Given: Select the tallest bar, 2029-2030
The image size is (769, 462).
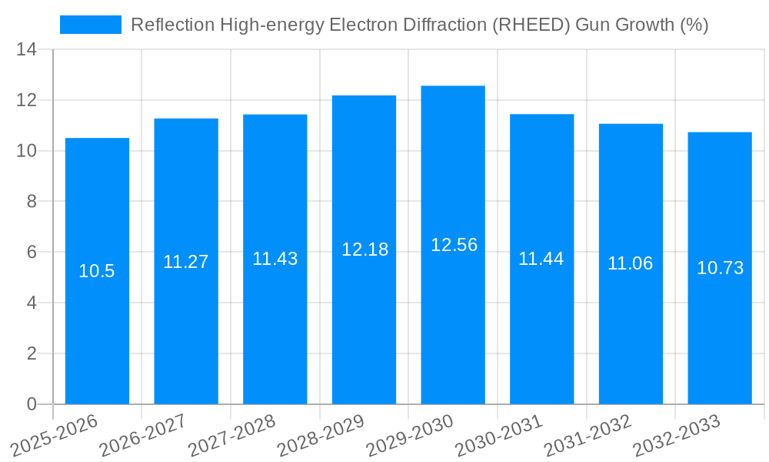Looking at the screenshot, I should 453,323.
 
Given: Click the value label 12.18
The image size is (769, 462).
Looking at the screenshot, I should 365,249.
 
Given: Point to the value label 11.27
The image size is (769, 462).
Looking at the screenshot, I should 185,262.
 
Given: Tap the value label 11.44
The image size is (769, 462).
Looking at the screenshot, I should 541,259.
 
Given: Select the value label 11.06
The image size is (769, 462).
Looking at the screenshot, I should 630,263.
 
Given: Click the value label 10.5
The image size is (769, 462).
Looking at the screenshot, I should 97,271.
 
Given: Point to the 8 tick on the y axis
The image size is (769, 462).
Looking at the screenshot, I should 32,202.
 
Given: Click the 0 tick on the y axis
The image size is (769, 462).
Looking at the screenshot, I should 32,404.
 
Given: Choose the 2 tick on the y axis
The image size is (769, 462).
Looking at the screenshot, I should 32,353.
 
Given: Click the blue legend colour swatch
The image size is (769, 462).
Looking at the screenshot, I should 91,25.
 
